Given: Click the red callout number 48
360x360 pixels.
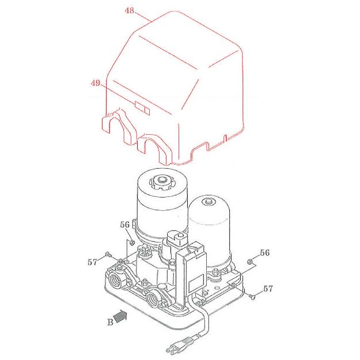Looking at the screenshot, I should pyautogui.click(x=130, y=11).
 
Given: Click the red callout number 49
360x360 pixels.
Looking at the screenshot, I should pyautogui.click(x=96, y=84).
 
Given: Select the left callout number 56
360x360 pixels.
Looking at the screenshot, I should pyautogui.click(x=125, y=225).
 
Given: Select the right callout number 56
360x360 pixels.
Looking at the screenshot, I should pyautogui.click(x=264, y=253).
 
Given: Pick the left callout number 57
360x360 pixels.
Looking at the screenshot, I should pyautogui.click(x=92, y=262).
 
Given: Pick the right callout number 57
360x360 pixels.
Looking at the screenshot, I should pyautogui.click(x=268, y=288).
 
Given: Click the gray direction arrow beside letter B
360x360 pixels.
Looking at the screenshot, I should pyautogui.click(x=119, y=316).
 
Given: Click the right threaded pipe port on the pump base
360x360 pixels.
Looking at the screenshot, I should pyautogui.click(x=154, y=298).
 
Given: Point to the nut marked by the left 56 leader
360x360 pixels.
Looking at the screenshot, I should pyautogui.click(x=132, y=242).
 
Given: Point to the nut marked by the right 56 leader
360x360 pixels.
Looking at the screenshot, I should pyautogui.click(x=249, y=263).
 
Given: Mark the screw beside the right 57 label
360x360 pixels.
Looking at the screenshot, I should pyautogui.click(x=253, y=296).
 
